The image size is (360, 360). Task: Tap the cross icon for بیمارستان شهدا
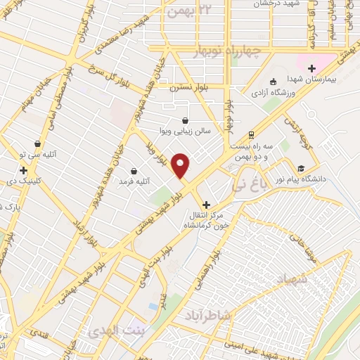pyautogui.click(x=311, y=68)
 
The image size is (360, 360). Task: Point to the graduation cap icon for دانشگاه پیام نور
pyautogui.click(x=301, y=168)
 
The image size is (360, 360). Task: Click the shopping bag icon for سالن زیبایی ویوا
pyautogui.click(x=185, y=120)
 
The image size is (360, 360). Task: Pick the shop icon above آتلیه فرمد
pyautogui.click(x=134, y=171)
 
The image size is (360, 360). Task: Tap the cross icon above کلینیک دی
pyautogui.click(x=24, y=170)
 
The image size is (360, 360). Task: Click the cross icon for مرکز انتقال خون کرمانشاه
pyautogui.click(x=205, y=204)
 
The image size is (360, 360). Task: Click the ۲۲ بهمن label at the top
pyautogui.click(x=186, y=10)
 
